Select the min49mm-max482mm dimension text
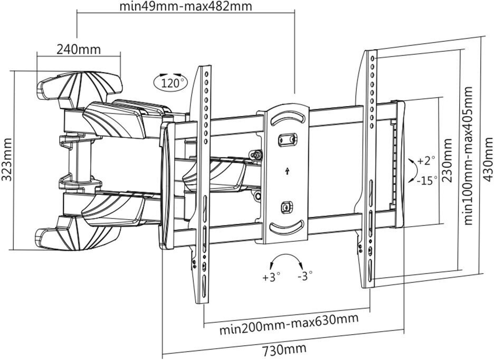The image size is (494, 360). tap(185, 7)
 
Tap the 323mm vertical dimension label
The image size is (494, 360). tap(6, 160)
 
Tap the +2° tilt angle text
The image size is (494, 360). tap(426, 160)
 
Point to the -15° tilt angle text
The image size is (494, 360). tap(426, 180)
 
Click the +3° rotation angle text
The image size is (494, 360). tap(270, 276)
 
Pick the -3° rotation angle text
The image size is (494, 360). tap(305, 276)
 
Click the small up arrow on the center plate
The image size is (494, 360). tap(287, 170)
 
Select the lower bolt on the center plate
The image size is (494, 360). tap(287, 207)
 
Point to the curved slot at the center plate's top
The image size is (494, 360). tap(287, 118)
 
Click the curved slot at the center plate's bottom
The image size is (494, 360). tap(287, 228)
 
